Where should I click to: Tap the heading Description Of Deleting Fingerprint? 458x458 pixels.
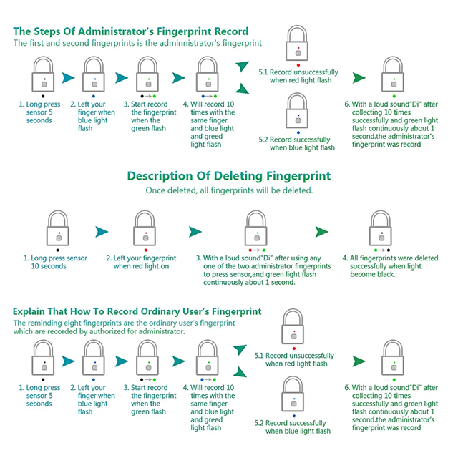[228, 176]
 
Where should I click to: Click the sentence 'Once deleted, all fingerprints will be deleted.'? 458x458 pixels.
[228, 190]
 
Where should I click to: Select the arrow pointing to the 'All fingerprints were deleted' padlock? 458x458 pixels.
[322, 231]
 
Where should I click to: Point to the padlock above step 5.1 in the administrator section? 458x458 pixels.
[298, 44]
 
